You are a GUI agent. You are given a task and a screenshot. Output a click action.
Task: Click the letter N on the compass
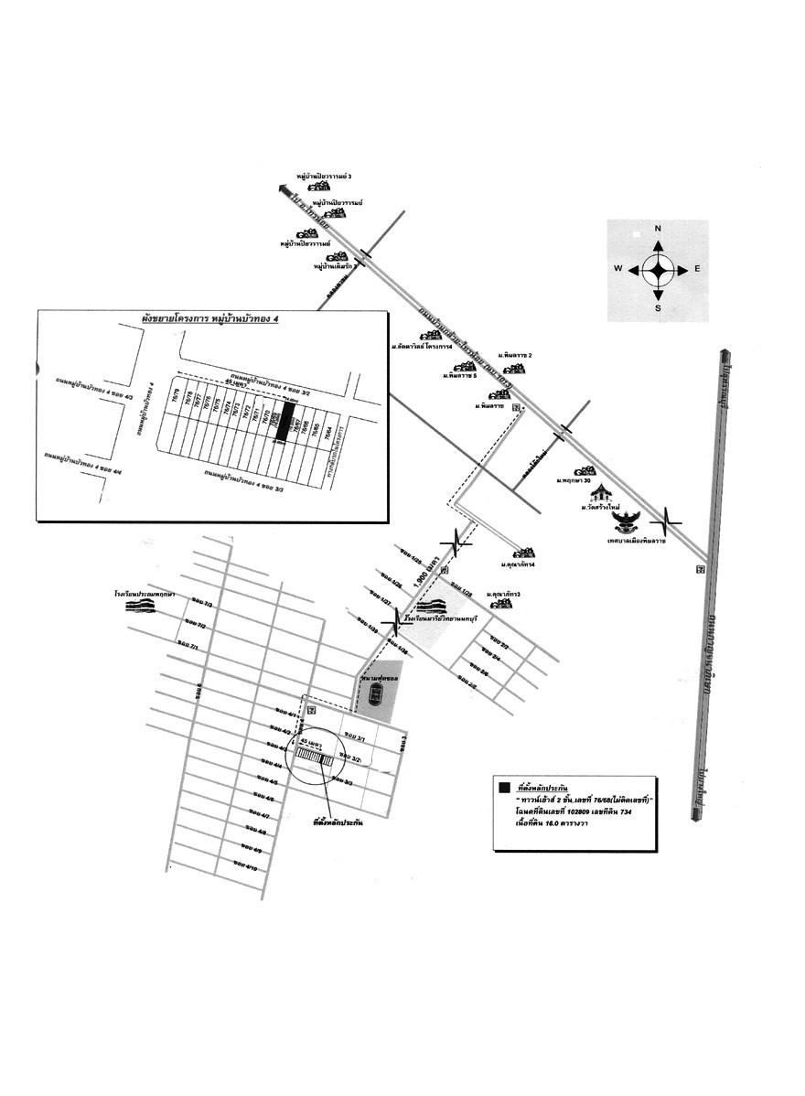657,229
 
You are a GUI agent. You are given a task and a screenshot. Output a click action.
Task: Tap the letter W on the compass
618,269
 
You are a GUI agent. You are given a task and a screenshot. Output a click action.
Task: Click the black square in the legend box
502,786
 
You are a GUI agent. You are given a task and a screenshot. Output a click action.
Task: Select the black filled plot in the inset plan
286,423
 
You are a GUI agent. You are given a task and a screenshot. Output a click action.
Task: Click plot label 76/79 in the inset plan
177,397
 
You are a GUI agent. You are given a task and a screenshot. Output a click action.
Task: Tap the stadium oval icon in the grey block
374,698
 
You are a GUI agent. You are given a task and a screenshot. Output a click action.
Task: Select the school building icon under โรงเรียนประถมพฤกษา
140,606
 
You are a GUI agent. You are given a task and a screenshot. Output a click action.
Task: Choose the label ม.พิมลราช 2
515,354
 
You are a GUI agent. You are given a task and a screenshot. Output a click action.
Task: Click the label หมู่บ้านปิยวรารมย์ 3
325,175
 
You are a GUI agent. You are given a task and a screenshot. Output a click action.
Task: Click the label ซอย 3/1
354,737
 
